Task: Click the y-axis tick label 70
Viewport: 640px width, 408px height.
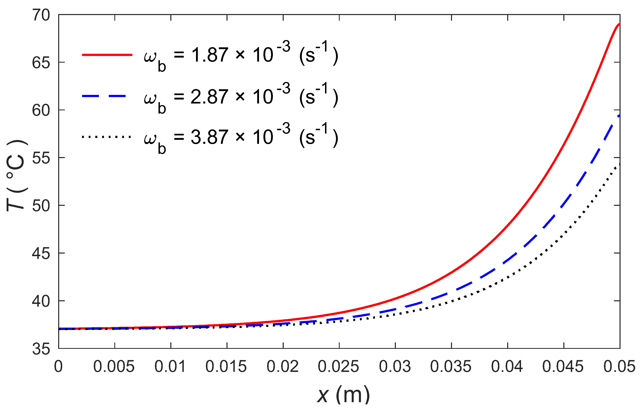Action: [41, 15]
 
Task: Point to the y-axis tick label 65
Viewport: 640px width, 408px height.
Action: [41, 63]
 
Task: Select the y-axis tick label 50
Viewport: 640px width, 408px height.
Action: [41, 206]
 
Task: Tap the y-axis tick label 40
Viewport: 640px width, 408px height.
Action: [41, 301]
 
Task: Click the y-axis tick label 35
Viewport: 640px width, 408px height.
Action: [41, 349]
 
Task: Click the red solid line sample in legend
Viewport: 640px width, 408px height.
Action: [107, 55]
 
